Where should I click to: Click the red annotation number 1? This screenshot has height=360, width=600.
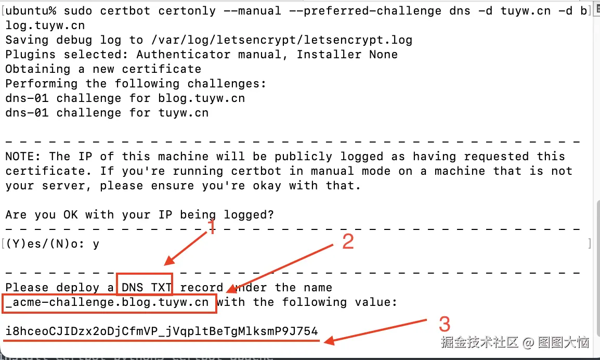[x=211, y=227]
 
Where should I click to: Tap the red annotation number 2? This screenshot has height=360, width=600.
[x=347, y=242]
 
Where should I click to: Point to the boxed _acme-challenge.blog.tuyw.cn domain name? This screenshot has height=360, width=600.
[x=109, y=302]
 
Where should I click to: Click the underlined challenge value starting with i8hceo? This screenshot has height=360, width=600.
[x=162, y=331]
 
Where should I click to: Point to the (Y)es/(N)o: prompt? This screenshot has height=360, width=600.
[x=45, y=244]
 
